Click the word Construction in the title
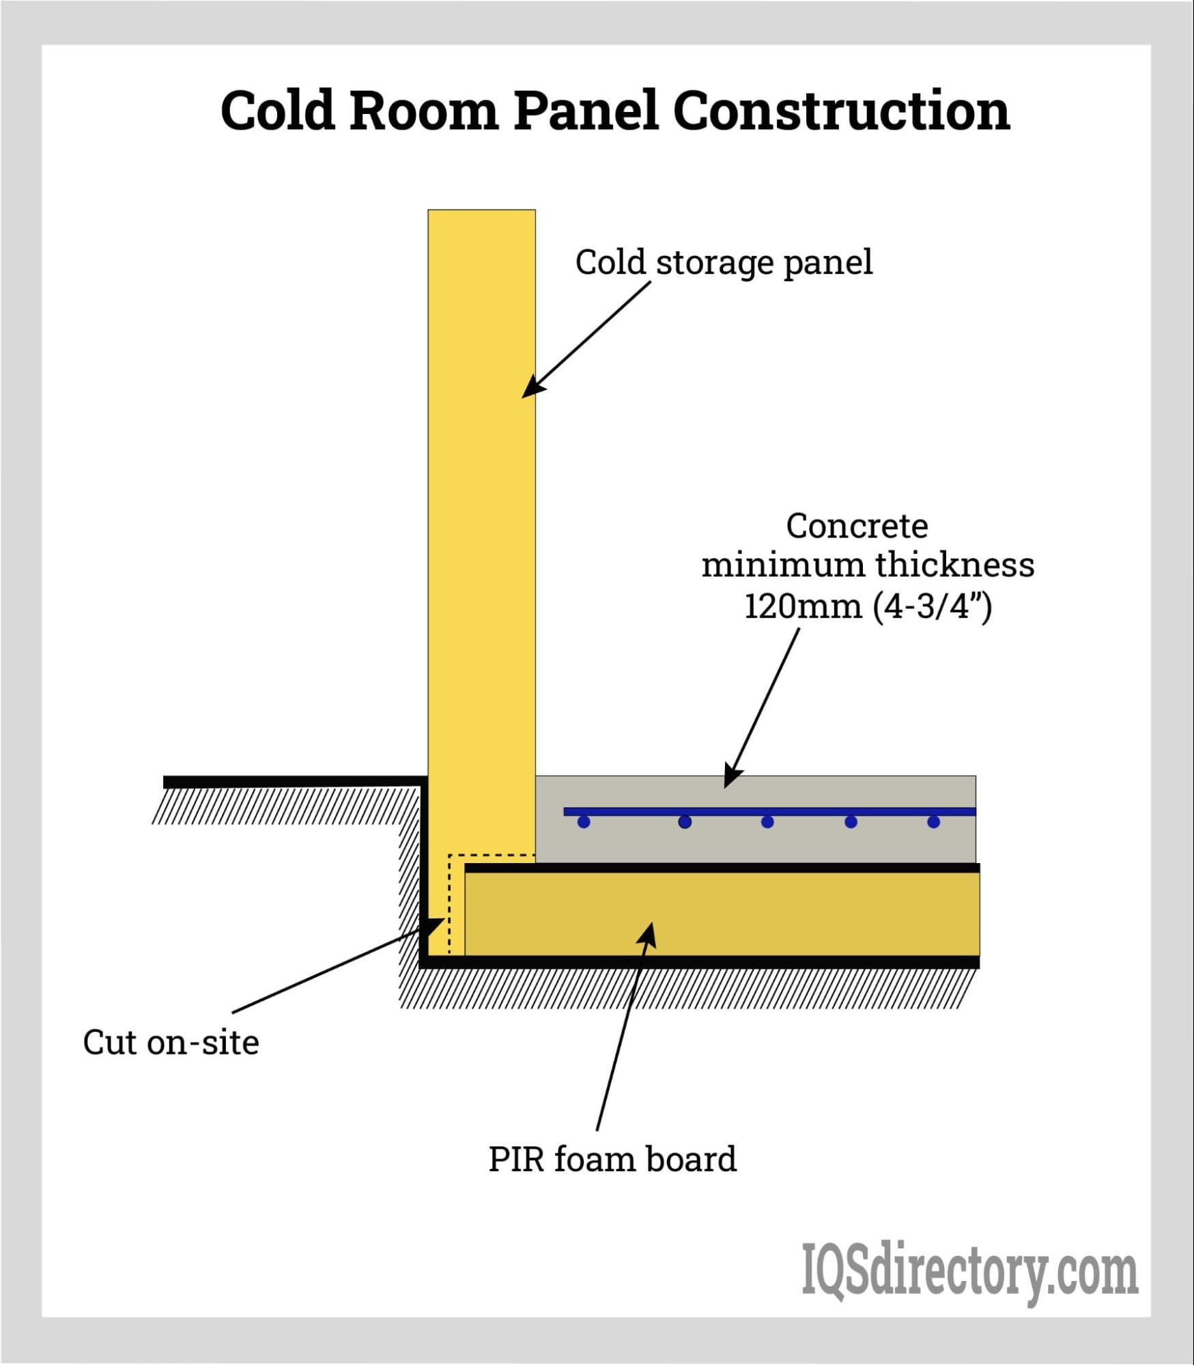(841, 111)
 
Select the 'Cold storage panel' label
(724, 262)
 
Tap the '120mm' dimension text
(803, 606)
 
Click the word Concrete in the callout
(857, 526)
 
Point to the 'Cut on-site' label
(171, 1043)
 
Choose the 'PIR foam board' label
(612, 1159)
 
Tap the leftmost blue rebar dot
(584, 821)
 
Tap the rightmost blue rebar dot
(933, 821)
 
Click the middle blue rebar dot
(767, 821)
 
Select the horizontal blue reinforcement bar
(769, 811)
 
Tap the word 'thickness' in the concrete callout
(954, 565)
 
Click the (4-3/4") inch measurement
(932, 606)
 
